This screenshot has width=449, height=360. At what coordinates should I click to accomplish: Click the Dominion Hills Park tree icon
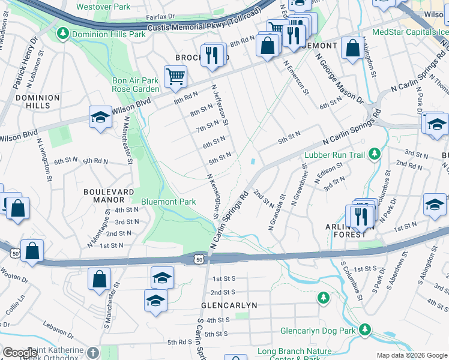(x=62, y=34)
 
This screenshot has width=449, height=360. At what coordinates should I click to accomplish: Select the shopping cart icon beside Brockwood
(x=175, y=76)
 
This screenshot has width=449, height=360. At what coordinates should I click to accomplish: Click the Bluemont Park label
(x=168, y=202)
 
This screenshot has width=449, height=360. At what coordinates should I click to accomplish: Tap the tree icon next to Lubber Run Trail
(x=375, y=154)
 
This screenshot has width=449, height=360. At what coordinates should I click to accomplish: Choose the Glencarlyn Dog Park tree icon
(x=364, y=330)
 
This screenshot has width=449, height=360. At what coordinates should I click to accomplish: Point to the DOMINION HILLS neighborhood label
(x=38, y=101)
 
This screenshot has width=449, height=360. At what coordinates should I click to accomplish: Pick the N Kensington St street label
(x=212, y=197)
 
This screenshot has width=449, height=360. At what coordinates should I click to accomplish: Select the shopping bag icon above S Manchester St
(x=99, y=280)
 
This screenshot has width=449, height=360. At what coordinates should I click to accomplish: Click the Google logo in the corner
(x=20, y=353)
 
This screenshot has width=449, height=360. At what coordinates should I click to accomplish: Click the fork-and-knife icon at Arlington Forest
(x=361, y=216)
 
